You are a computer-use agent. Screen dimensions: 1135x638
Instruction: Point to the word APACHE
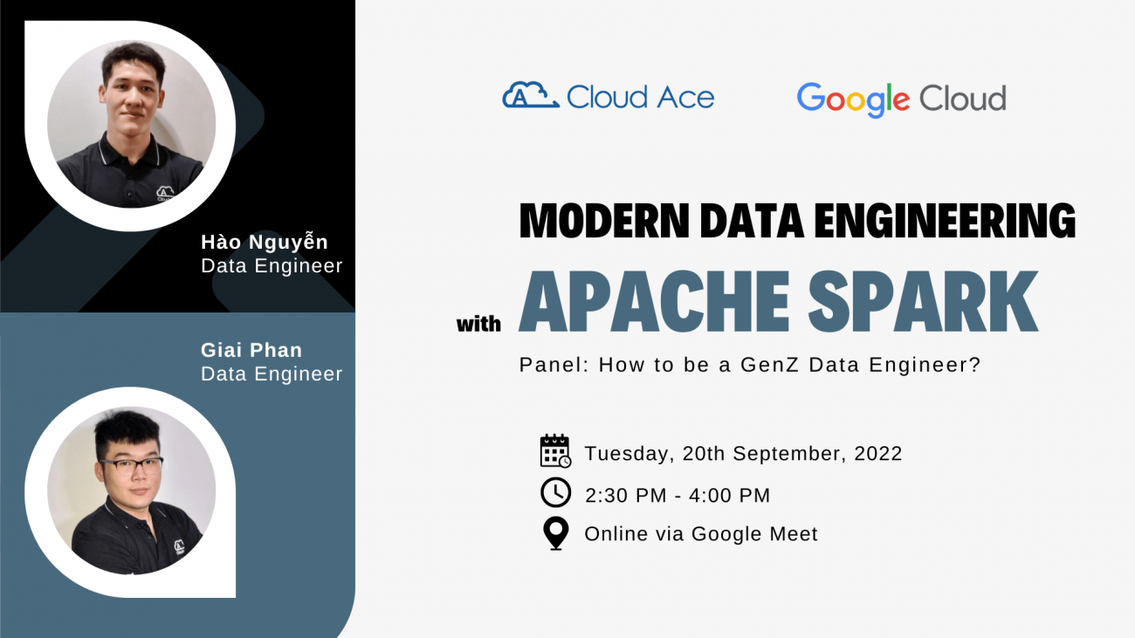pyautogui.click(x=654, y=301)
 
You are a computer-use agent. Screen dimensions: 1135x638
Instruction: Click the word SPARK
pyautogui.click(x=923, y=301)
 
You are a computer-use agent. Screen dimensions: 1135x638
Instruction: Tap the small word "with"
pyautogui.click(x=478, y=324)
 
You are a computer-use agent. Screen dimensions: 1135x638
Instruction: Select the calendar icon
pyautogui.click(x=555, y=450)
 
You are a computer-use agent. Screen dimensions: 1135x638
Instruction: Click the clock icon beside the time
pyautogui.click(x=555, y=492)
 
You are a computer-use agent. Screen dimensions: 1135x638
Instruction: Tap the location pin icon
pyautogui.click(x=555, y=533)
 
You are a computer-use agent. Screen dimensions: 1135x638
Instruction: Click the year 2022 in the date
pyautogui.click(x=878, y=454)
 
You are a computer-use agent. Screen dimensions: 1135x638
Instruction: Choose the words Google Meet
pyautogui.click(x=754, y=534)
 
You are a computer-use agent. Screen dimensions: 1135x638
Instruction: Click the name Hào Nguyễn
pyautogui.click(x=265, y=242)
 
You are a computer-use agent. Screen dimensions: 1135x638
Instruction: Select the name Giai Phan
pyautogui.click(x=251, y=350)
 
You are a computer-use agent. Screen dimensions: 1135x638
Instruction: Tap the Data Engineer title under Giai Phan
pyautogui.click(x=272, y=374)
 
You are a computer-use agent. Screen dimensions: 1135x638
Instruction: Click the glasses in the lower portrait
pyautogui.click(x=131, y=466)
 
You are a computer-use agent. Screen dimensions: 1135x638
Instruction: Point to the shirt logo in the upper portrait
pyautogui.click(x=165, y=194)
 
